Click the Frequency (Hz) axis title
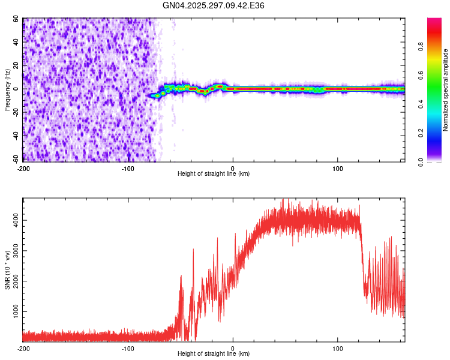[7, 89]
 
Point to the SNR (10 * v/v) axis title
[7, 270]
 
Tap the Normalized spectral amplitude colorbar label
[445, 90]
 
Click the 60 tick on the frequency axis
[16, 19]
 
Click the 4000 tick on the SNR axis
[13, 220]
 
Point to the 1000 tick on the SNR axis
[13, 312]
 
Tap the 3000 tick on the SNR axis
[13, 251]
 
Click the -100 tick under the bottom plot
[128, 349]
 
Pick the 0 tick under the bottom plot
[233, 349]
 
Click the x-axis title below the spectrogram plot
[214, 174]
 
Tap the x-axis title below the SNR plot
[214, 354]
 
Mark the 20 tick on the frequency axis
[16, 66]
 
